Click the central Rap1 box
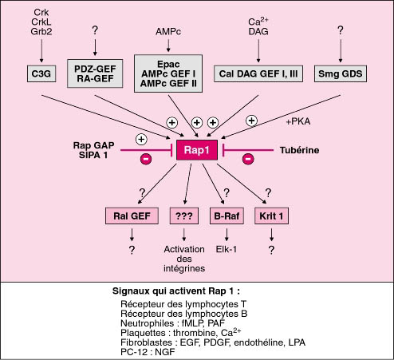coord(197,150)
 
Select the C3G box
coord(41,73)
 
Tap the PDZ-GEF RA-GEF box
coord(95,73)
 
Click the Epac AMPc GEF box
coord(168,73)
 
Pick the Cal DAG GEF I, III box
coord(258,73)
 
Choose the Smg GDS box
coord(341,73)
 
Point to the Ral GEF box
coord(132,216)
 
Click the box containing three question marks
coord(184,216)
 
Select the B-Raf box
coord(227,216)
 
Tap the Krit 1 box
coord(271,216)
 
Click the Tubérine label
coord(299,150)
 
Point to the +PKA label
coord(298,121)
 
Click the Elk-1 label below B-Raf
coord(227,249)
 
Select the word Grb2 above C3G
coord(41,31)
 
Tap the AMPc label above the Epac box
coord(168,31)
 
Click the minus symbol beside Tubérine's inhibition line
coord(248,159)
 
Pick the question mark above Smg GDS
coord(341,30)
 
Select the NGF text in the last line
coord(165,352)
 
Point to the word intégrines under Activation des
coord(184,268)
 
